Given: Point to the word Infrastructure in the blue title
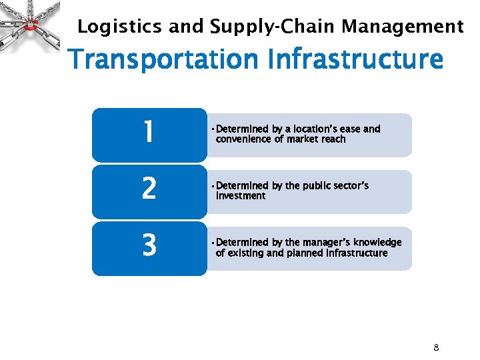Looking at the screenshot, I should click(x=355, y=59).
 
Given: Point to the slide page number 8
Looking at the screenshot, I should click(x=436, y=347).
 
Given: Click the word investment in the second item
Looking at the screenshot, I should click(x=241, y=196).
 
